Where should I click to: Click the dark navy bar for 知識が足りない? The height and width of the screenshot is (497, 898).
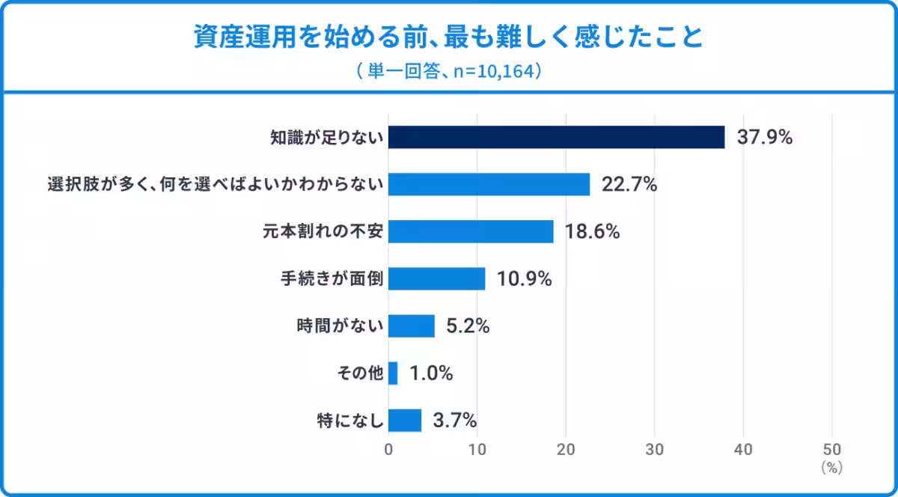tap(557, 137)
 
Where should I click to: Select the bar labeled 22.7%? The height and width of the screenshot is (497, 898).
tap(489, 184)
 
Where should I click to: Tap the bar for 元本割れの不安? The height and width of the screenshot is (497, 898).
tap(471, 231)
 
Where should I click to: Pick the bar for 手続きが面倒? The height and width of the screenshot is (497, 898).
tap(436, 278)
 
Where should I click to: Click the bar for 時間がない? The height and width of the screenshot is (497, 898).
tap(412, 326)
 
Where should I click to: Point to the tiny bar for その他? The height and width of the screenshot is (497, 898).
tap(393, 373)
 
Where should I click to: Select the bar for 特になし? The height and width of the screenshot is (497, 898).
tap(405, 421)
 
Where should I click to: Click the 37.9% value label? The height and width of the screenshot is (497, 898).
tap(765, 137)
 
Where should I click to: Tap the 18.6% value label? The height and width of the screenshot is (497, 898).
tap(592, 231)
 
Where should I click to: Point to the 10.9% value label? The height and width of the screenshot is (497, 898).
tap(525, 278)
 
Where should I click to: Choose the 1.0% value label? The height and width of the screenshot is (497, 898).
tap(431, 373)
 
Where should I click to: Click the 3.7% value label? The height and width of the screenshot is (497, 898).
tap(455, 421)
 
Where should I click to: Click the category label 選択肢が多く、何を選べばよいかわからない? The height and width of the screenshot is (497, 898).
tap(216, 185)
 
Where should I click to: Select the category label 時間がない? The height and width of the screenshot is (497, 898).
tap(340, 326)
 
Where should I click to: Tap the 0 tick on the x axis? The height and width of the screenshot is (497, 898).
tap(388, 450)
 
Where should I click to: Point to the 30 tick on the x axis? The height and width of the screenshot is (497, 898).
tap(655, 450)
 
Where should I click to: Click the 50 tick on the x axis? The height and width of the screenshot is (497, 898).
tap(832, 450)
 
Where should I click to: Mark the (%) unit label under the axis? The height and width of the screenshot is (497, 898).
tap(832, 468)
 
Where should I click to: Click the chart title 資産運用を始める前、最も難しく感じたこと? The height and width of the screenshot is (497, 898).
tap(448, 37)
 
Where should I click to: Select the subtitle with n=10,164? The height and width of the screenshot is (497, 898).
tap(449, 71)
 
